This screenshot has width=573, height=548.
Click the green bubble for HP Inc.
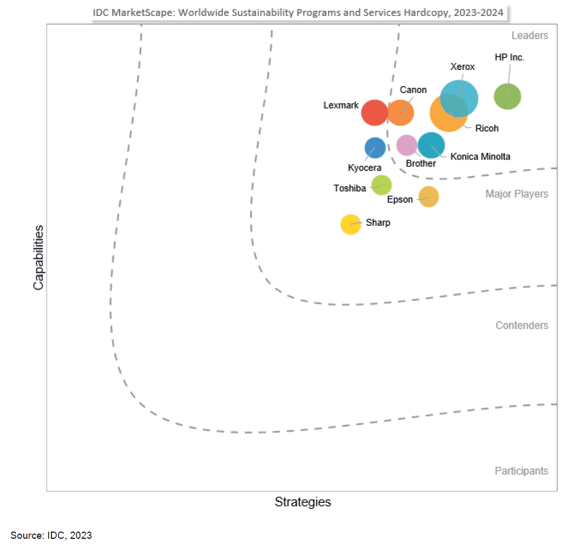coord(507,96)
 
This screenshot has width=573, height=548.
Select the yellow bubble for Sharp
coord(351,224)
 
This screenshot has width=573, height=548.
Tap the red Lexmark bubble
coord(374,112)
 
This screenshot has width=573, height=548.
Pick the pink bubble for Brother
coord(407,145)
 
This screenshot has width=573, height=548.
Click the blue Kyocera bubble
coord(375,148)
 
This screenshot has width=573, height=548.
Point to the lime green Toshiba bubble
coord(381,185)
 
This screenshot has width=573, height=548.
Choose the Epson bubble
coord(429,197)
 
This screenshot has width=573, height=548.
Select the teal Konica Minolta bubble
coord(431,145)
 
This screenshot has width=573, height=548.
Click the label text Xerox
coord(463,67)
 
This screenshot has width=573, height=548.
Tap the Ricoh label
coord(487,128)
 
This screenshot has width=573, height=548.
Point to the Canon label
coord(413,90)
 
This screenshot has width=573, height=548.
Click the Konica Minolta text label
coord(480,156)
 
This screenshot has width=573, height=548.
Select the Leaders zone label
coord(530,35)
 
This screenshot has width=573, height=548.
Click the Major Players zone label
coord(517,194)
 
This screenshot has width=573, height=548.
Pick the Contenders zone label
coord(522,325)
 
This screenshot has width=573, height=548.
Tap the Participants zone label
coord(521,471)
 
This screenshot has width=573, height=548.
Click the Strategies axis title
coord(303,502)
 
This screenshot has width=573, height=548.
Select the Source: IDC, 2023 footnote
coord(51,535)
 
